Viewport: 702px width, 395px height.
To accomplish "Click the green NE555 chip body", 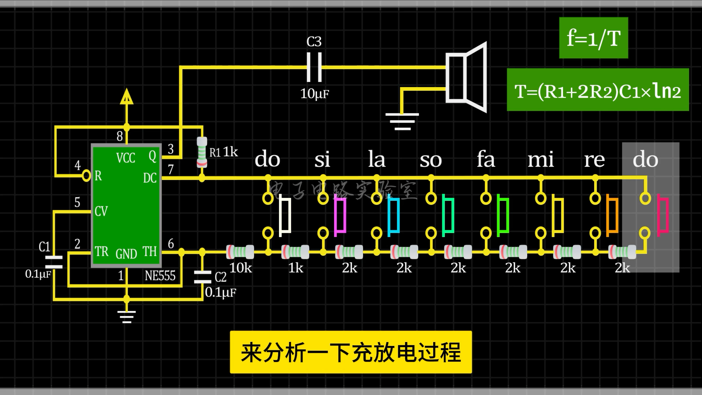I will [x=126, y=205].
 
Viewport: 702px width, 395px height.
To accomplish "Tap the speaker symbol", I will [x=466, y=78].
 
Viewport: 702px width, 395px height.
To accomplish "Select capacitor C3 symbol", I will [x=314, y=67].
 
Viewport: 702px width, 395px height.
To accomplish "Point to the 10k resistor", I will [x=240, y=252].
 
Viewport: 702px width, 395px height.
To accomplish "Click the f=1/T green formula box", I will [x=593, y=38].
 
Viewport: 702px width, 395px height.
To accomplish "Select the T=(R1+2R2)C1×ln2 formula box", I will [x=597, y=90].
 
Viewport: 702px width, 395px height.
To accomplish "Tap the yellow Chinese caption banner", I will [x=351, y=352].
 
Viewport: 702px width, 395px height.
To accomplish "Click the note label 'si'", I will [x=322, y=159].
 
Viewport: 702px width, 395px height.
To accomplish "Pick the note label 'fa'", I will [x=486, y=159].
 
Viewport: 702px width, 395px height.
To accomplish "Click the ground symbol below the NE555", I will [x=127, y=316].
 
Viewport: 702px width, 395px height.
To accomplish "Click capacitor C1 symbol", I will [x=53, y=262].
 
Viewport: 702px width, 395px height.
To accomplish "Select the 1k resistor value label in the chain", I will [x=295, y=268].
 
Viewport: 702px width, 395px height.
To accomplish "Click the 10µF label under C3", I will [x=314, y=94].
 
